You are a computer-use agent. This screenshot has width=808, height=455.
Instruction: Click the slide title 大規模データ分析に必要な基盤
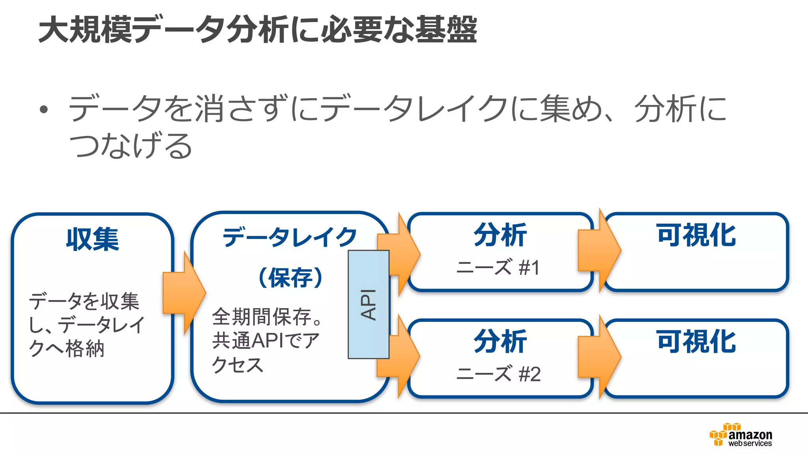click(258, 30)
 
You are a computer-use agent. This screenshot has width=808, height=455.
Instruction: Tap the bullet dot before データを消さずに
click(44, 109)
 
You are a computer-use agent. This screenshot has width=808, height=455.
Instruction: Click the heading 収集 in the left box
click(92, 239)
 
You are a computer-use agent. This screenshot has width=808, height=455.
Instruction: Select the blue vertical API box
click(368, 304)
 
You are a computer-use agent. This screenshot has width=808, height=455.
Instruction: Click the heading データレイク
click(290, 237)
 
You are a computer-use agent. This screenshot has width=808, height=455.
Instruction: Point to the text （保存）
click(290, 278)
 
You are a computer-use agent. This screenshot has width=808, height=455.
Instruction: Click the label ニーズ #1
click(498, 267)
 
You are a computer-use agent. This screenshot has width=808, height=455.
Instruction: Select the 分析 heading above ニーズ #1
click(500, 235)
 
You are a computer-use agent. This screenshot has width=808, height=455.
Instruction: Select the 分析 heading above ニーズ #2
click(500, 342)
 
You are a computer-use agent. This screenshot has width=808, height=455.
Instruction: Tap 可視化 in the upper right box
click(696, 235)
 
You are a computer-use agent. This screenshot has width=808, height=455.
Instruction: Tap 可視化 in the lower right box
click(696, 342)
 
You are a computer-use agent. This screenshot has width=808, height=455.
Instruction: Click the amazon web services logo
click(741, 435)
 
